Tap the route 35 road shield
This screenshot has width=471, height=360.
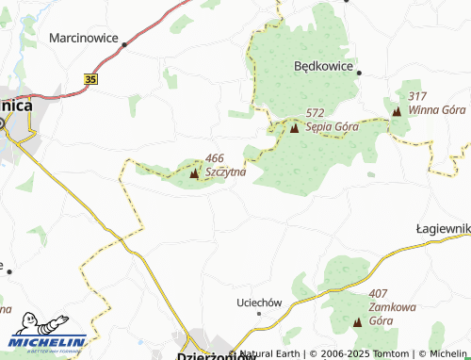click(90, 80)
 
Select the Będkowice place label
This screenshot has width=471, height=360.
click(323, 67)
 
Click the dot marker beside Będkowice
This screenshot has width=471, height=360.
click(359, 71)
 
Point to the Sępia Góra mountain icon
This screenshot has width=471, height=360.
click(294, 128)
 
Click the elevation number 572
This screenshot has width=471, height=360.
click(315, 113)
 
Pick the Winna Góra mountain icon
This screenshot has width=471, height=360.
click(396, 111)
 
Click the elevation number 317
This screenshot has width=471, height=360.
click(419, 96)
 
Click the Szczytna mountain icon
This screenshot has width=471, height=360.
click(194, 173)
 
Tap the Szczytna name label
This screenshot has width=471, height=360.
click(225, 172)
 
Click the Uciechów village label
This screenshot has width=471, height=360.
click(258, 303)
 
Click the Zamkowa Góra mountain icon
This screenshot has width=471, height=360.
click(357, 322)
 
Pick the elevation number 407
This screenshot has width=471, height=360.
click(380, 294)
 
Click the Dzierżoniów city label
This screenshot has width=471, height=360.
click(217, 355)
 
